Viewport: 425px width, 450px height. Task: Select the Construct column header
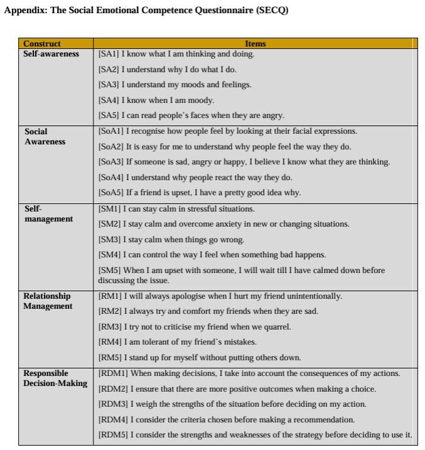tap(42, 44)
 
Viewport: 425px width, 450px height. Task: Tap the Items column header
tap(255, 44)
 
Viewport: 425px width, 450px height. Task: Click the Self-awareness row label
tap(51, 54)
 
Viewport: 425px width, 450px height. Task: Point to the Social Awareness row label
tap(45, 137)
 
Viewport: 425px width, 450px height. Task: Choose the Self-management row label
tap(48, 214)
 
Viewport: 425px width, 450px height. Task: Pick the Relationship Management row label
tap(48, 301)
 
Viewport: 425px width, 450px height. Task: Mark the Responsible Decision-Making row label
tap(55, 378)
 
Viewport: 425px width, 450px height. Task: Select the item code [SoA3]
tap(111, 162)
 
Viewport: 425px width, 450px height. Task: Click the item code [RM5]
tap(110, 358)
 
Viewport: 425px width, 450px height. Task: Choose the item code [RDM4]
tap(113, 419)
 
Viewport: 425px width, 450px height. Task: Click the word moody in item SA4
tap(200, 100)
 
